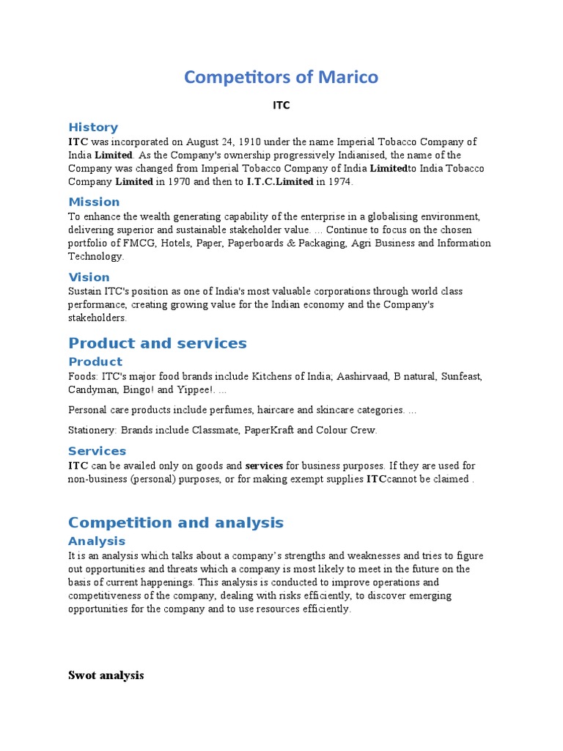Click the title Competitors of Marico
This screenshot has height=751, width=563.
[281, 77]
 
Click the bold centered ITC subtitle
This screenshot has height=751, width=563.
[281, 105]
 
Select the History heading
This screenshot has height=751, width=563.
[93, 127]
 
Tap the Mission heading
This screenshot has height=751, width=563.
[94, 202]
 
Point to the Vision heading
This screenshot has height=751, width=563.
[89, 277]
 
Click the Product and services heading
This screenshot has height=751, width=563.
[158, 343]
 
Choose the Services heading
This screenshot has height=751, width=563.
[97, 451]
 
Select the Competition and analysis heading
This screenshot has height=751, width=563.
[175, 523]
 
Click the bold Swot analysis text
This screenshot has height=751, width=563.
[106, 675]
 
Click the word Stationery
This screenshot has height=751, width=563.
[92, 431]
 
